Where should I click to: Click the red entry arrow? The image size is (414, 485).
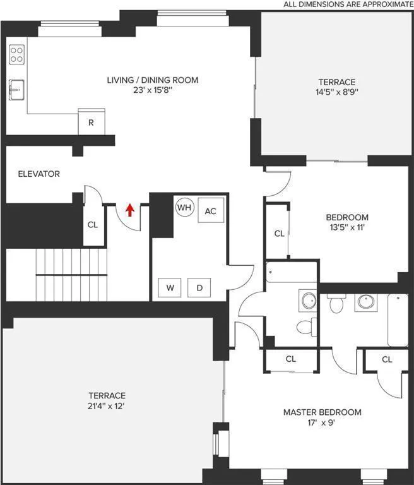(x=130, y=210)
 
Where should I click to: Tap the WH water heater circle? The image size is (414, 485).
(x=184, y=207)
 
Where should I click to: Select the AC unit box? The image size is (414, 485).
(x=210, y=211)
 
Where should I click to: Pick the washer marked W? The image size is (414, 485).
(x=170, y=288)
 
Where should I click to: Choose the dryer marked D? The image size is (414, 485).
(x=199, y=288)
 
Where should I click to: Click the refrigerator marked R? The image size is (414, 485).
(x=91, y=122)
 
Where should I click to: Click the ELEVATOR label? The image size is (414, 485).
(x=38, y=174)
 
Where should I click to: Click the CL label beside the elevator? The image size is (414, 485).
(x=92, y=224)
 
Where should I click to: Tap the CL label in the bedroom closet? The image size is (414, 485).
(x=279, y=233)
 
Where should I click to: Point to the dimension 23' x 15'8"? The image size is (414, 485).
(x=152, y=90)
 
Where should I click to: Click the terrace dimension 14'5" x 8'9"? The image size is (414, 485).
(x=336, y=92)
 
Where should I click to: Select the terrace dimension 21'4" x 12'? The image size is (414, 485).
(x=107, y=406)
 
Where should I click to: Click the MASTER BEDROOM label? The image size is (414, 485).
(x=322, y=412)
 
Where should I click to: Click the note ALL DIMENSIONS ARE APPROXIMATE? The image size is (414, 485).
(x=347, y=4)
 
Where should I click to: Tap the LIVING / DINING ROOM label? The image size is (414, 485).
(x=152, y=80)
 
